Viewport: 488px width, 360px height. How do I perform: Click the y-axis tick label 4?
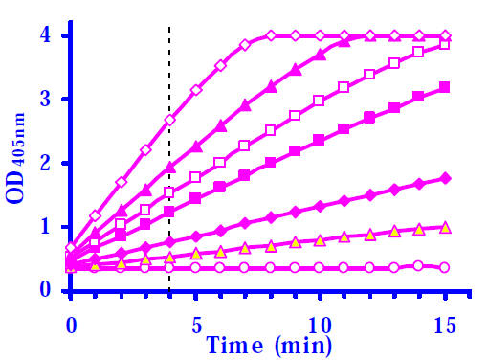point(45,34)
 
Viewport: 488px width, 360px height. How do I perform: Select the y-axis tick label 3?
point(45,99)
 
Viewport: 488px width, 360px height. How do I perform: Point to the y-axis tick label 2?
point(45,163)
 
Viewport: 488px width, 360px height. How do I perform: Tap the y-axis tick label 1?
point(46,226)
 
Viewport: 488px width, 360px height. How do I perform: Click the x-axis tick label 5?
point(197,326)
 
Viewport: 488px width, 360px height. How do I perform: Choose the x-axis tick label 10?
point(320,326)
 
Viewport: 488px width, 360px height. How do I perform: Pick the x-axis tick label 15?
point(444,326)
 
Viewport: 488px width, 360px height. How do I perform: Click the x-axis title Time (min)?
point(269,346)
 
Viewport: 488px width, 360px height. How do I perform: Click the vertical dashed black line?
point(169,159)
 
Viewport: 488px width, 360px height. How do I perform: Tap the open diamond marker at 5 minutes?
point(196,90)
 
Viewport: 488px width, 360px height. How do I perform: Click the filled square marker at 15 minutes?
point(445,87)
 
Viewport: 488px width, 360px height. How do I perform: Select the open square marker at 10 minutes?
point(319,101)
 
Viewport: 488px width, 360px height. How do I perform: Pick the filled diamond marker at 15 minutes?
point(445,178)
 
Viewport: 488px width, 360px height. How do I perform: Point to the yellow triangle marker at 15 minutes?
point(445,228)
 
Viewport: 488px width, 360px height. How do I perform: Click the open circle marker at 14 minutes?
point(418,265)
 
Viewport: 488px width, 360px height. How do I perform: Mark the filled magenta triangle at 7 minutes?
point(245,104)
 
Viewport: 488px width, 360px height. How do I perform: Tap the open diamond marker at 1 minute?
point(95,216)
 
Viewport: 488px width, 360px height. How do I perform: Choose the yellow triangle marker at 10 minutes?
point(320,240)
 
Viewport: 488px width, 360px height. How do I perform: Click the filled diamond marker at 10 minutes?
point(320,206)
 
